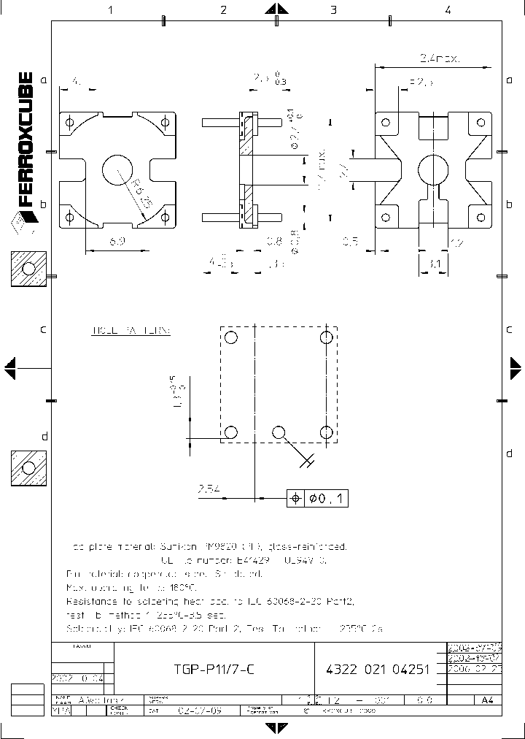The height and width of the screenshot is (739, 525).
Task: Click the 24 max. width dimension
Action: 440,58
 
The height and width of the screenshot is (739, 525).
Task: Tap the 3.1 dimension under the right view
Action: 434,263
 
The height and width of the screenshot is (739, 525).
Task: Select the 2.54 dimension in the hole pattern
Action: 209,489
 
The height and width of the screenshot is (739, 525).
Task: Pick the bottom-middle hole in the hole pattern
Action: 279,432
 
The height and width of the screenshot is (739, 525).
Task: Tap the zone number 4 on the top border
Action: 448,10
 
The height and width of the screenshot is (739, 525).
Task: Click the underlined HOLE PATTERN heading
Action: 131,331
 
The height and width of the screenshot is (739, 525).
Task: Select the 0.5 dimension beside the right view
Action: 351,240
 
